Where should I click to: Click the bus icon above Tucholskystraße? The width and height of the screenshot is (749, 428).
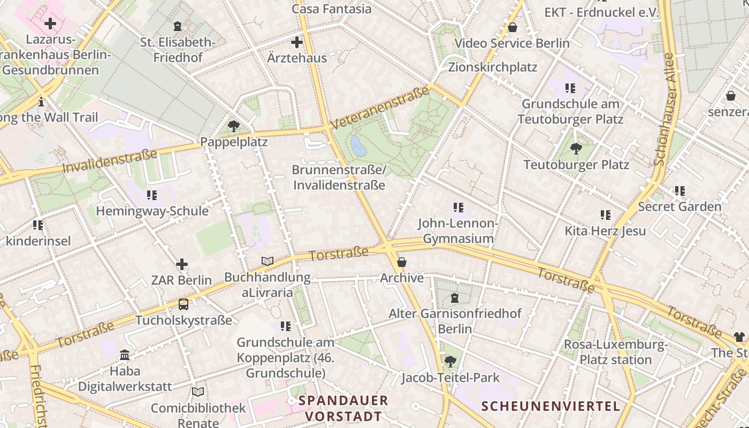point(183,304)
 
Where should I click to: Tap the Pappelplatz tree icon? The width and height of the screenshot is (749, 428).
point(233,126)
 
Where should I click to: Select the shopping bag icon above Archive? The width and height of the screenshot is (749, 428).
point(401,262)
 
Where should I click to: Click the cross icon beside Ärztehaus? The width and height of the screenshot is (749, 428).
point(296,42)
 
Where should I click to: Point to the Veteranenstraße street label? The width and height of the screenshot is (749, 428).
point(380,108)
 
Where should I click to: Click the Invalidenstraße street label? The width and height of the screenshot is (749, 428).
point(110,161)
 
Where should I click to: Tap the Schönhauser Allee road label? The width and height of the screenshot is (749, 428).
point(665,110)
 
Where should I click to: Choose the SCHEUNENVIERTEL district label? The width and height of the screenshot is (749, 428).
point(551,406)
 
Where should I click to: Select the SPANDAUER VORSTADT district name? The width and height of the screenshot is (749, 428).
point(343,408)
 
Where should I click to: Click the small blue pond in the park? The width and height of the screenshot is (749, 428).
point(358,146)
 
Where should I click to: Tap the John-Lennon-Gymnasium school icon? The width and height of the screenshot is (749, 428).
point(458,207)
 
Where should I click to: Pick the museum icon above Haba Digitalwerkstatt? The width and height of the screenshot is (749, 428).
point(125,355)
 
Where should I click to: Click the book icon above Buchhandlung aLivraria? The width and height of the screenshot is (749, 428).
point(267,261)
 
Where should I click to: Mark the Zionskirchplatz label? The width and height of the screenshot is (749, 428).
point(492,67)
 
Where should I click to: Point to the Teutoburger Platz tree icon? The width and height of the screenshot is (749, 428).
point(576,148)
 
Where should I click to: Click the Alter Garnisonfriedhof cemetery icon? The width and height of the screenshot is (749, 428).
point(455,297)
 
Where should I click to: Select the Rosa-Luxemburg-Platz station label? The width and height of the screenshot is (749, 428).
point(616,352)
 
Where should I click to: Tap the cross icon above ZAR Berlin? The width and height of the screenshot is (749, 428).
point(182,264)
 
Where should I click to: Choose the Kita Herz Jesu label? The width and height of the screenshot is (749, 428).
point(605,231)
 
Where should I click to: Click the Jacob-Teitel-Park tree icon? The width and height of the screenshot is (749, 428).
point(450,362)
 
